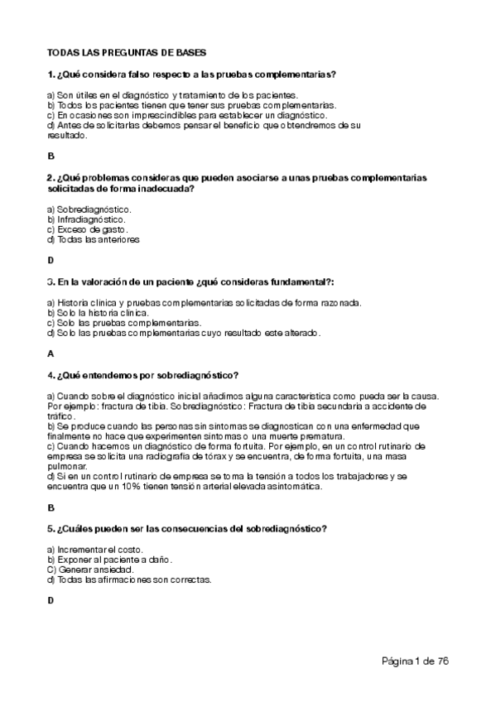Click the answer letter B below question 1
click(51, 155)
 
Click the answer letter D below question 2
click(51, 260)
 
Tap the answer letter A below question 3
click(51, 353)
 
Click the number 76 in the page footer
click(441, 661)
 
